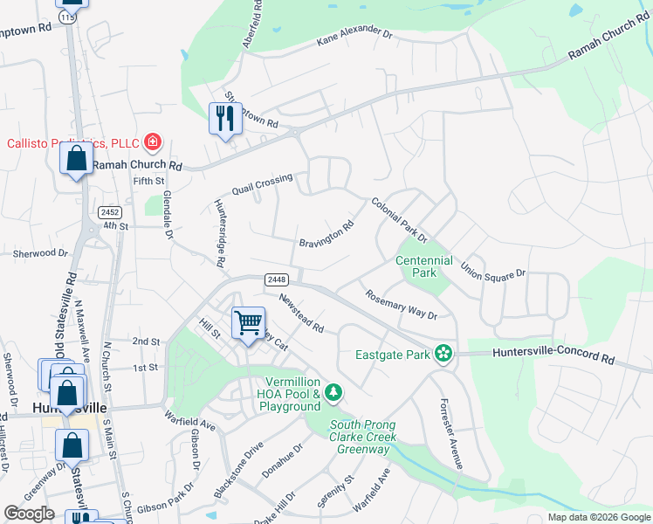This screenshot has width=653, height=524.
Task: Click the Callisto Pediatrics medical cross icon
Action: pyautogui.click(x=154, y=141)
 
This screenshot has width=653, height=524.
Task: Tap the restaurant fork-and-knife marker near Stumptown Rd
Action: pyautogui.click(x=225, y=117)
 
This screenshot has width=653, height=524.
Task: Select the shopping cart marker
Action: pyautogui.click(x=248, y=322)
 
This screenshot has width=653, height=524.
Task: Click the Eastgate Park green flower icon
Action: pyautogui.click(x=444, y=354)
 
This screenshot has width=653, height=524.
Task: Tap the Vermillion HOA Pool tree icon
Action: pyautogui.click(x=333, y=394)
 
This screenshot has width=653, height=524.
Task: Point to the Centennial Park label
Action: pyautogui.click(x=424, y=266)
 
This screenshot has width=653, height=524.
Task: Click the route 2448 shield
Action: pyautogui.click(x=277, y=279)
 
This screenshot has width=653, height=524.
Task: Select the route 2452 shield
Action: pyautogui.click(x=109, y=212)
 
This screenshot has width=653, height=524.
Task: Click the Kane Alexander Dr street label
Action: pyautogui.click(x=355, y=36)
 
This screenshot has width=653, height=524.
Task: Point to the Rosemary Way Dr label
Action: pyautogui.click(x=401, y=305)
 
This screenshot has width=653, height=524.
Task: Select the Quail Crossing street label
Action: pyautogui.click(x=262, y=184)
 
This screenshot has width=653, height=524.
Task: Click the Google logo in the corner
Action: pyautogui.click(x=29, y=514)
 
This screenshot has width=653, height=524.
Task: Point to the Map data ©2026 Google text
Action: pyautogui.click(x=598, y=517)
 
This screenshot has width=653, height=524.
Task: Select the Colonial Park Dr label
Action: pyautogui.click(x=399, y=220)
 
